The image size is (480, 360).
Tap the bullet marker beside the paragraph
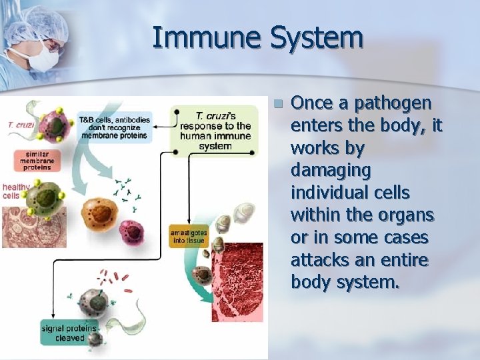pyautogui.click(x=278, y=104)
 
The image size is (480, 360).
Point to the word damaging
pyautogui.click(x=331, y=171)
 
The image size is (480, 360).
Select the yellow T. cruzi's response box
pyautogui.click(x=215, y=130)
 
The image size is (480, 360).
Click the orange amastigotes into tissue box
pyautogui.click(x=189, y=235)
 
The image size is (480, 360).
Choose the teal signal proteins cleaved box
pyautogui.click(x=69, y=333)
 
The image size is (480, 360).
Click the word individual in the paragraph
pyautogui.click(x=333, y=193)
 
